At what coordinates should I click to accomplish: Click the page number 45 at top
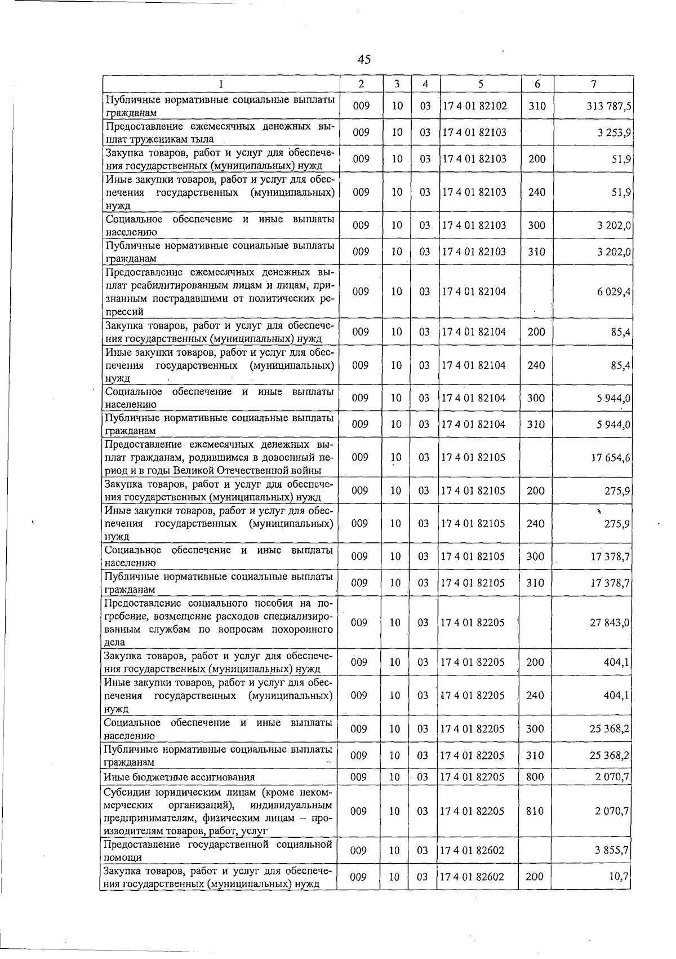364,59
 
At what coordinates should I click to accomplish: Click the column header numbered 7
594,83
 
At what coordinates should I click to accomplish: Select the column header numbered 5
480,83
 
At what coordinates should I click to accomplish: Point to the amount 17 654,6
611,457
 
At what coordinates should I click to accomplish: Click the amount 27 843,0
610,622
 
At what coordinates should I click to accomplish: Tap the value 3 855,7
612,850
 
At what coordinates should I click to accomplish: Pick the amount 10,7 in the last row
619,877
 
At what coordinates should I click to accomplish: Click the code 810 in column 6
535,811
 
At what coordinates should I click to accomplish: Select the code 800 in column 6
535,777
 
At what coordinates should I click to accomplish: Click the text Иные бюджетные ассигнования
179,777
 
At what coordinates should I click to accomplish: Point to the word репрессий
124,311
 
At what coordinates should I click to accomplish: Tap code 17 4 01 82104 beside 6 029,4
474,291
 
